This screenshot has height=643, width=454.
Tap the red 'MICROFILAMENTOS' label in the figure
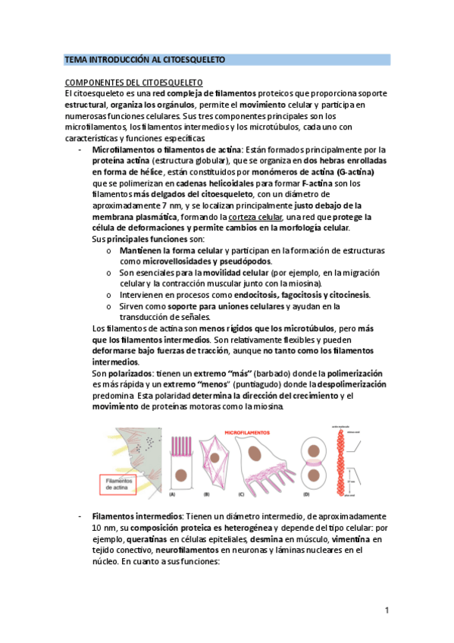[x=252, y=431]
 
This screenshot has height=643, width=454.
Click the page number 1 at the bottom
[x=387, y=610]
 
